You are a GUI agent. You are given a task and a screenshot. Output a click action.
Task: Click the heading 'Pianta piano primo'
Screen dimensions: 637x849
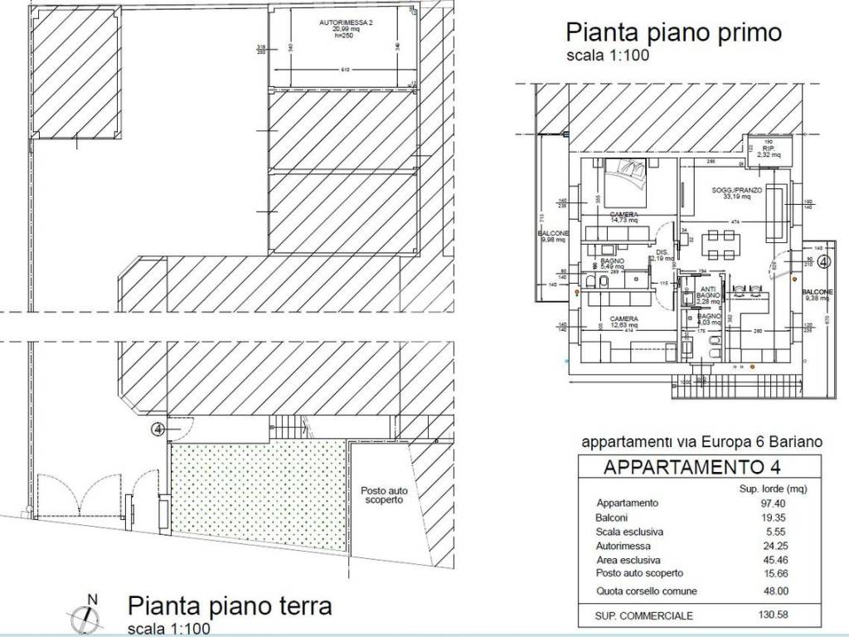(x=672, y=32)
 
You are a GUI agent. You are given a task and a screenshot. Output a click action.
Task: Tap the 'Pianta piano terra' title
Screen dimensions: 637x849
(x=230, y=605)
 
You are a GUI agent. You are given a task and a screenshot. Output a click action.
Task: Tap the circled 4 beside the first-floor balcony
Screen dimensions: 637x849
(x=823, y=262)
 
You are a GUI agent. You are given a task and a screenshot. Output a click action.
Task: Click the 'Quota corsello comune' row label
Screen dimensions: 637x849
(x=647, y=591)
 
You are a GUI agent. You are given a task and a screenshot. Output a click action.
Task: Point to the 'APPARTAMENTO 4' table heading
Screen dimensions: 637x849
(x=681, y=466)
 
